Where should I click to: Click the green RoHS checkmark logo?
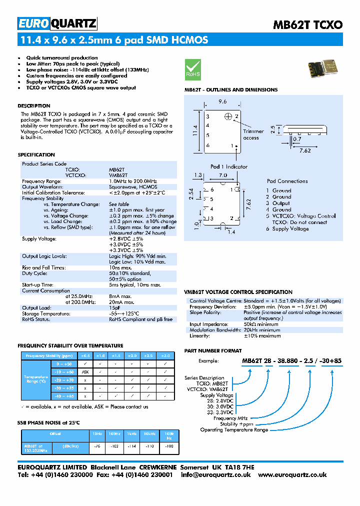pos(193,68)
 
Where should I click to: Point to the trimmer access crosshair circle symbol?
pos(229,116)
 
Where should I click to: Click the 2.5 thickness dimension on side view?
pos(272,130)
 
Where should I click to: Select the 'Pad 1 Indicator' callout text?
pos(228,166)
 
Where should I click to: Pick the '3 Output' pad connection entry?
pos(278,203)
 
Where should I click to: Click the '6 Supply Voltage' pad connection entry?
pos(287,228)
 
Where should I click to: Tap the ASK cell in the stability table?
pos(85,372)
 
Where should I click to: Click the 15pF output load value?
pos(114,308)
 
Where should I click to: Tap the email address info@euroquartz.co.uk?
pos(216,475)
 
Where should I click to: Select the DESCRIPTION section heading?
pos(34,106)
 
